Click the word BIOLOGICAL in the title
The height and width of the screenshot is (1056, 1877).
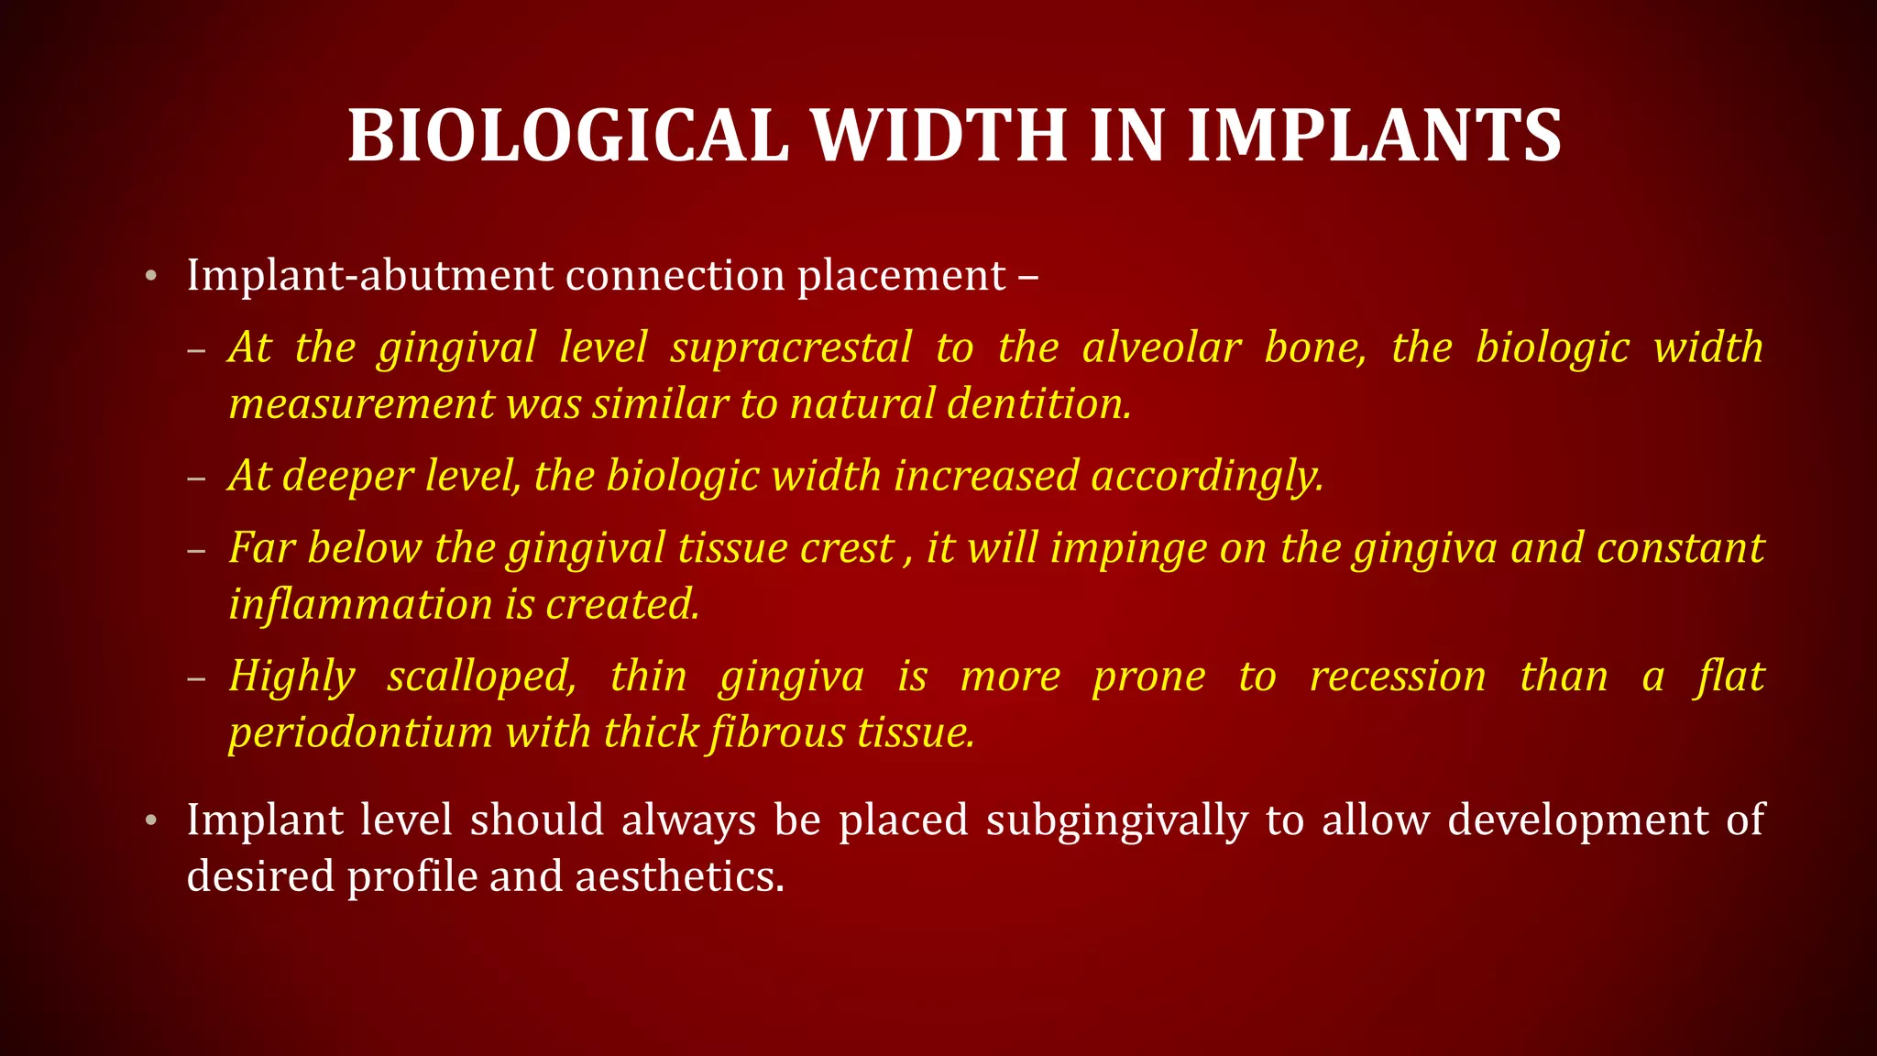568,136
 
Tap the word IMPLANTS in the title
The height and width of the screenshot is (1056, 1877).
1374,136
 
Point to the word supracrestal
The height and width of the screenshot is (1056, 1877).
791,348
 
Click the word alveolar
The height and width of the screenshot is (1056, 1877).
1161,348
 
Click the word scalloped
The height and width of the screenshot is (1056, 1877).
482,676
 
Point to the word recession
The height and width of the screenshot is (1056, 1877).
1398,676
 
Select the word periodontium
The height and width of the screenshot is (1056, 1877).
361,733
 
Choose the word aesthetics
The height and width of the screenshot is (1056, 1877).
679,876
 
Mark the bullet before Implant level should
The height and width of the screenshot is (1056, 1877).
151,820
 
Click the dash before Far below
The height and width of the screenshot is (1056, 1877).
195,550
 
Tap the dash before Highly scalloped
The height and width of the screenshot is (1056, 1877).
195,678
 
